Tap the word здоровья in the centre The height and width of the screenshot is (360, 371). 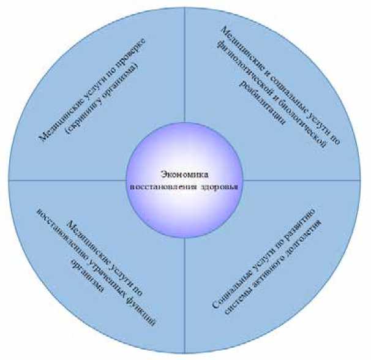tap(221, 185)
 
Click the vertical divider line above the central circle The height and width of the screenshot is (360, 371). tap(185, 73)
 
